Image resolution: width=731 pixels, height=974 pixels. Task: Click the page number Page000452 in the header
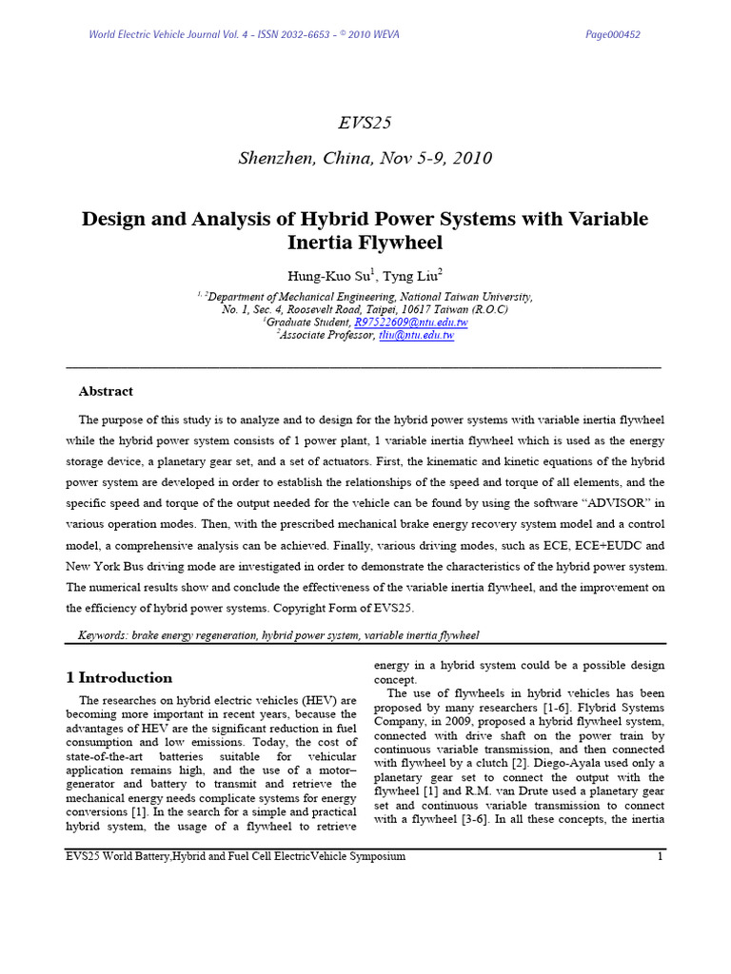614,35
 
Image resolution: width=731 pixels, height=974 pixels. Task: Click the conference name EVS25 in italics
365,123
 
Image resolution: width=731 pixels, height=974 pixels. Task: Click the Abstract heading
105,391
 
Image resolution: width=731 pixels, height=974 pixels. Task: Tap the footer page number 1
660,857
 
